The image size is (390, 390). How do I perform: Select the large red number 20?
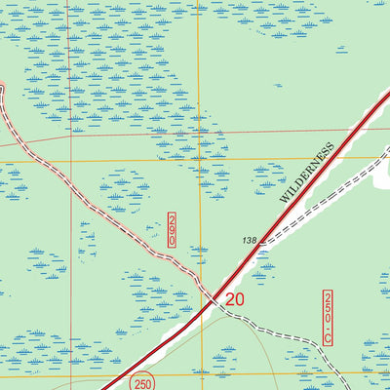[x=234, y=299]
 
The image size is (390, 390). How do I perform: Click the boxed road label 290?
[x=172, y=230]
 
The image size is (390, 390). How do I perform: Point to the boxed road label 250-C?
[x=329, y=317]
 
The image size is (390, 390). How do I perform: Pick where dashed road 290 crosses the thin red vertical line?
[x=69, y=186]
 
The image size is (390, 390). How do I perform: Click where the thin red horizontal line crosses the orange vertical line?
[x=198, y=132]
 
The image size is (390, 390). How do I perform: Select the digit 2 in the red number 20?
[x=228, y=299]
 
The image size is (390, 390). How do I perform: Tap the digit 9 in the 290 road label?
[x=172, y=231]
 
